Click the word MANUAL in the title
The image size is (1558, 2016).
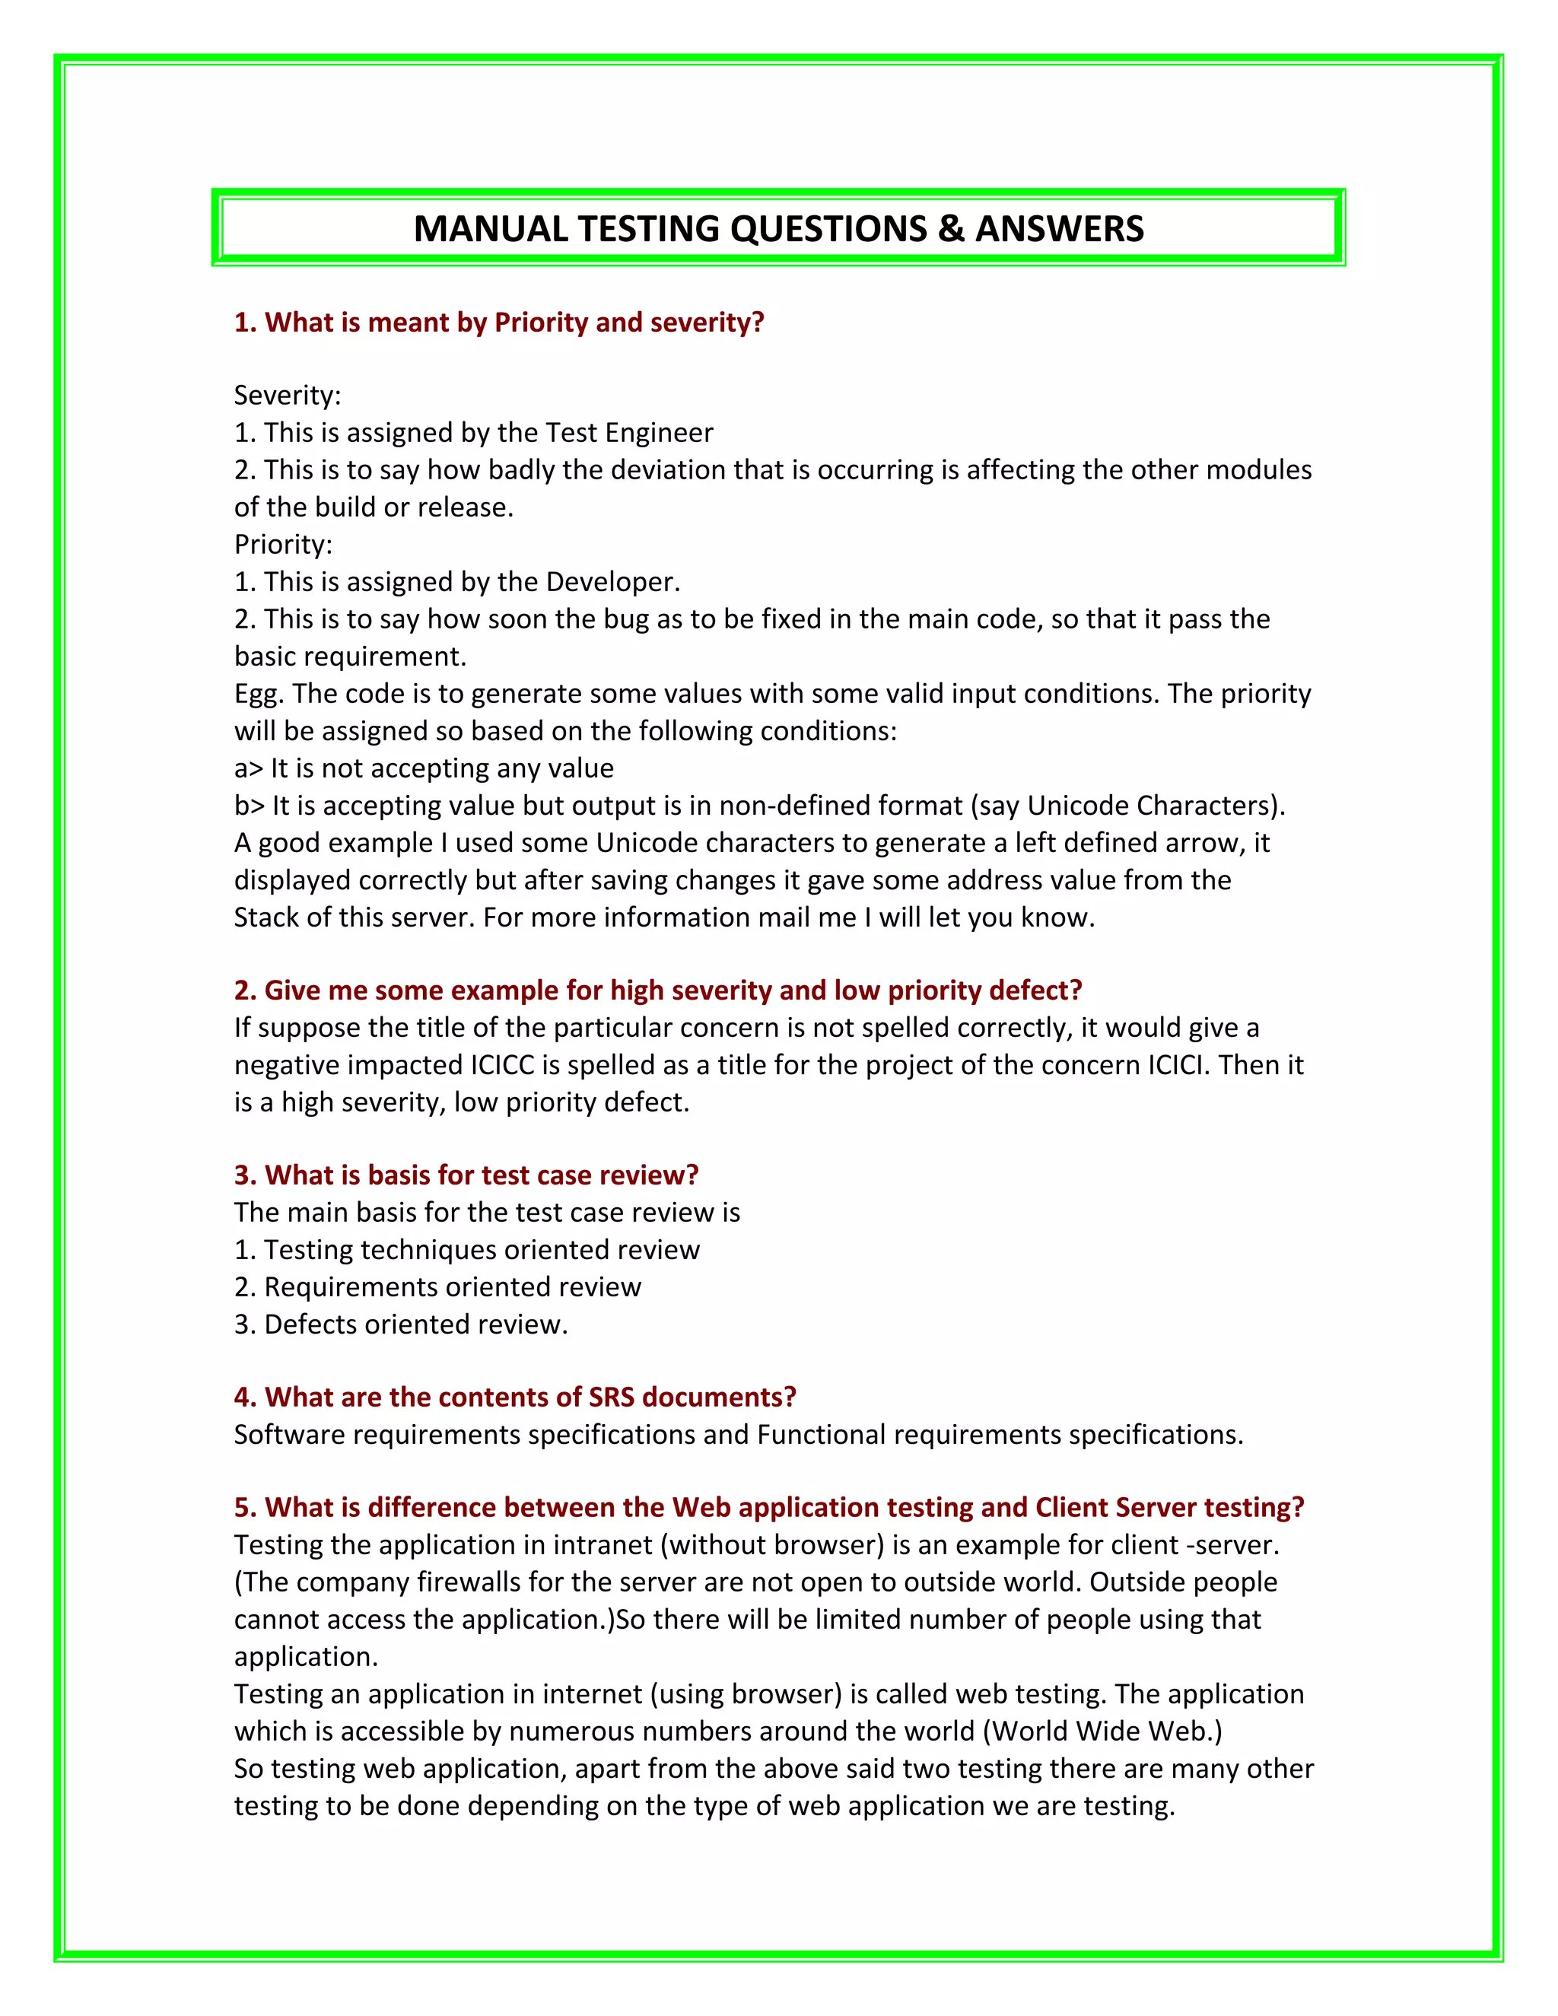(x=490, y=229)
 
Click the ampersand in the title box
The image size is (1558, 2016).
(x=951, y=229)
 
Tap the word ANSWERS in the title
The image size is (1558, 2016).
(x=1059, y=229)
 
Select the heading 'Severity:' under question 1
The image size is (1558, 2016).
(x=287, y=395)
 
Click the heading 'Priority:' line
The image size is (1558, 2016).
(x=282, y=545)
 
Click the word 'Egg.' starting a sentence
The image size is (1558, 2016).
(x=258, y=693)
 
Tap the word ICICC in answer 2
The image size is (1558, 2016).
(x=502, y=1065)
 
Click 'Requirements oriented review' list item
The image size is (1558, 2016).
(x=453, y=1286)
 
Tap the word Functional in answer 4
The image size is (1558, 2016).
(x=822, y=1435)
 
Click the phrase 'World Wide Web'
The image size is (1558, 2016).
(x=1102, y=1731)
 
